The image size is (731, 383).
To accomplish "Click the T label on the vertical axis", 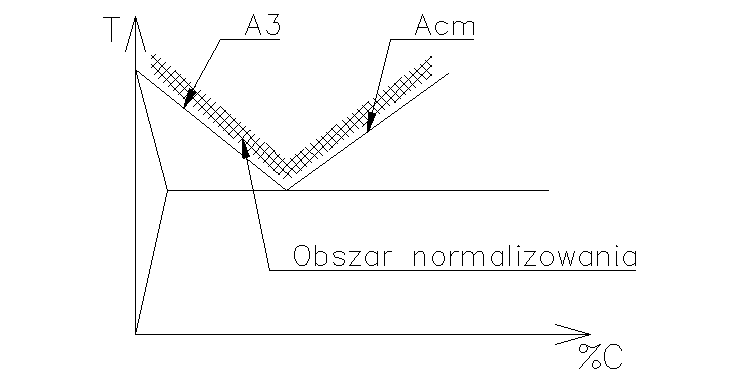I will click(x=111, y=34).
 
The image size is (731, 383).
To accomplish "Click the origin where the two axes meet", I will click(x=134, y=333).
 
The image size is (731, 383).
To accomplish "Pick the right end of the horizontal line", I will click(x=548, y=190).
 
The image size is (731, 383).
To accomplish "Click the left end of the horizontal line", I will click(x=167, y=190).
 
